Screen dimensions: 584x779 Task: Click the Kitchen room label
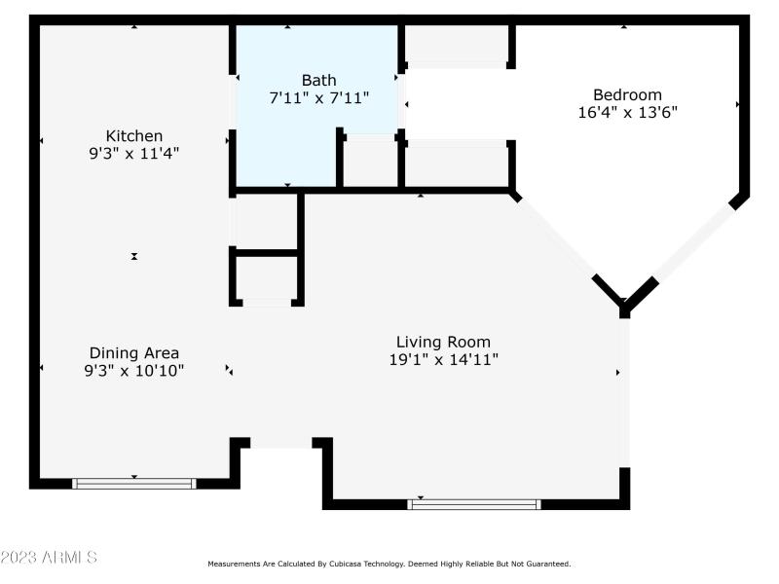tap(134, 136)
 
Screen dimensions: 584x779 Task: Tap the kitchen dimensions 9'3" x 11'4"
tap(134, 153)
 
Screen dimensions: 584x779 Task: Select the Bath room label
tap(318, 80)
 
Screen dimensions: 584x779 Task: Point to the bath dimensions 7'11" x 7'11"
tap(318, 97)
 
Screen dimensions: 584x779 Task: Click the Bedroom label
tap(627, 95)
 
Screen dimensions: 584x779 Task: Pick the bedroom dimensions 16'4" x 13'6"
tap(627, 112)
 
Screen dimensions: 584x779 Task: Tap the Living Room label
tap(443, 342)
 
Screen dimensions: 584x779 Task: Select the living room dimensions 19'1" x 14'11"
tap(443, 359)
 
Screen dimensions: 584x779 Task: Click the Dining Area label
tap(134, 353)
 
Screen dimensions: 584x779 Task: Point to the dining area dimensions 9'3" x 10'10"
tap(134, 370)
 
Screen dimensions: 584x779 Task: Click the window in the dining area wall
tap(134, 483)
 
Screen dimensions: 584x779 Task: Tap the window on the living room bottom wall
tap(474, 504)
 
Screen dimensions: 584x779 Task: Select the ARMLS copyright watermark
tap(49, 558)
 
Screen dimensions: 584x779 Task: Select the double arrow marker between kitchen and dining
tap(134, 256)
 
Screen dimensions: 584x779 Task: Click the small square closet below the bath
tap(266, 277)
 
